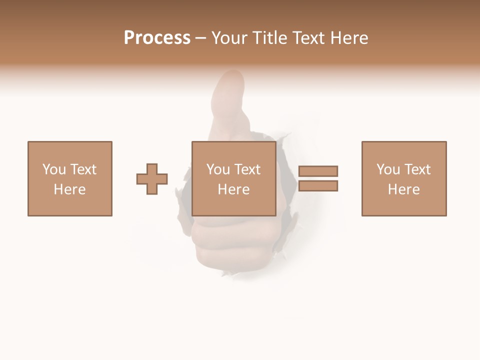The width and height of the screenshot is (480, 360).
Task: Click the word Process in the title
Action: point(157,38)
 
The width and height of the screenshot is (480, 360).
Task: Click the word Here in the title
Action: point(349,38)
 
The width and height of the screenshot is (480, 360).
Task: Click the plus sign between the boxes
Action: point(152,179)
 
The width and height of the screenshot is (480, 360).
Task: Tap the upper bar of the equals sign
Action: point(318,171)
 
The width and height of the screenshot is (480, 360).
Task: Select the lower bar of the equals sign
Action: point(318,186)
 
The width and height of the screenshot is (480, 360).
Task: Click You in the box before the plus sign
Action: point(54,169)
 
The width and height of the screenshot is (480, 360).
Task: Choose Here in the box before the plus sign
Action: point(69,189)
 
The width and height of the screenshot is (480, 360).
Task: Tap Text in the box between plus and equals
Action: point(246,169)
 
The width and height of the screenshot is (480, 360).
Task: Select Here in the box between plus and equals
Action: point(233,189)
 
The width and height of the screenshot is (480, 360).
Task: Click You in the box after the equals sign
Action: point(388,169)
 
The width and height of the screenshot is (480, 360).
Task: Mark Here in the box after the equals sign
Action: point(403,189)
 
